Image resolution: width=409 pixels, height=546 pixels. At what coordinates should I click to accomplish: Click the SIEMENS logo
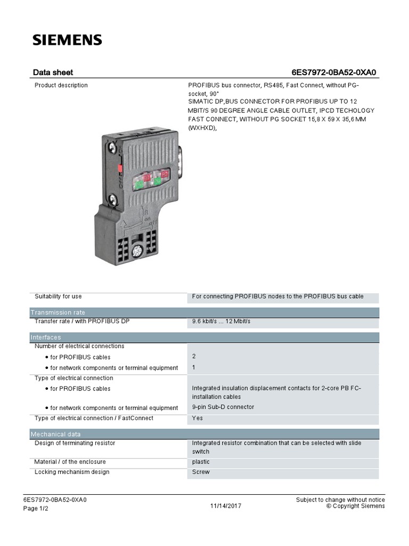point(67,39)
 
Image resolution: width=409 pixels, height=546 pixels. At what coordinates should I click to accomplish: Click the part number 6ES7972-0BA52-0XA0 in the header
point(337,73)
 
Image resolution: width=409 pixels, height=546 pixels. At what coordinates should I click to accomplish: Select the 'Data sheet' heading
point(53,73)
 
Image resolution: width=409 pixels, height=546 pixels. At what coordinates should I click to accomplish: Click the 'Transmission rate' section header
point(58,312)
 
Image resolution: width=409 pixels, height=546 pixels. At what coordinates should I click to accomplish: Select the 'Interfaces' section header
point(46,338)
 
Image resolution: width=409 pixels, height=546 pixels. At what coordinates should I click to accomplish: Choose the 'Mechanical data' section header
point(55,434)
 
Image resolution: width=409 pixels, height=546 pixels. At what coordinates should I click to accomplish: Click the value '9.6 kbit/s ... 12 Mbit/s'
point(221,322)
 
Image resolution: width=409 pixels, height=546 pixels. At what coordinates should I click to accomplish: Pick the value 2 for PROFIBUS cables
point(194,356)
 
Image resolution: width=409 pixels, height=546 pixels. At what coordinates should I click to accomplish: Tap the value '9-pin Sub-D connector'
point(223,407)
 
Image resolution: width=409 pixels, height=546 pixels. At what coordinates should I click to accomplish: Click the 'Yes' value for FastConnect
point(197,418)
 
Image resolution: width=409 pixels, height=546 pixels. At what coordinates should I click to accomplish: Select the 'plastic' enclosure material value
point(201,462)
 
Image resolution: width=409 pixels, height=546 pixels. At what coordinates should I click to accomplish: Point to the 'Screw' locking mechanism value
point(201,472)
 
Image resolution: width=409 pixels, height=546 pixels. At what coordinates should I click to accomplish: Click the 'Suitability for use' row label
point(58,296)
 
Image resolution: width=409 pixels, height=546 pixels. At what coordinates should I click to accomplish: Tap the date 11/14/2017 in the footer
point(225,506)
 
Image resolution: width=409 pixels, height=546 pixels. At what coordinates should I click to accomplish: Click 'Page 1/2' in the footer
point(36,509)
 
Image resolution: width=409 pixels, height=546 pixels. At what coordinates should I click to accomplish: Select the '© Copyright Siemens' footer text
point(355,506)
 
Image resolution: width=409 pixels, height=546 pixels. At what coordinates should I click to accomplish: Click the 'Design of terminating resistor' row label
point(75,443)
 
